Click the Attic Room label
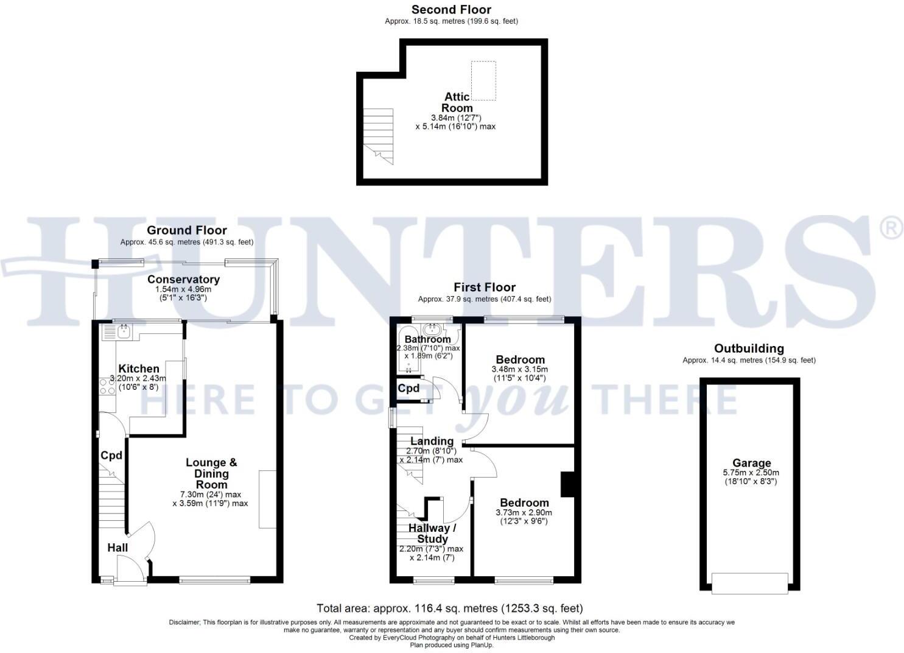pos(457,102)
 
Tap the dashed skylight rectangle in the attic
pos(483,80)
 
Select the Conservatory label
pos(183,280)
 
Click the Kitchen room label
pos(139,369)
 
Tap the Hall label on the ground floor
pos(117,548)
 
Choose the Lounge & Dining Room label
pos(211,473)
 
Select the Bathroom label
pos(428,339)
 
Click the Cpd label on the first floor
pos(408,388)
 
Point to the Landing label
pos(432,441)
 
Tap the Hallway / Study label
pos(432,533)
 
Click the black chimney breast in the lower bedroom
pos(567,484)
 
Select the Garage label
pos(751,463)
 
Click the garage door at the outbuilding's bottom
pos(750,583)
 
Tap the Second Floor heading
pos(451,10)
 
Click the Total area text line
pos(450,608)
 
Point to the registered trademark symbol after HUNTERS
pos(892,228)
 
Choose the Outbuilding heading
pos(749,348)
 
